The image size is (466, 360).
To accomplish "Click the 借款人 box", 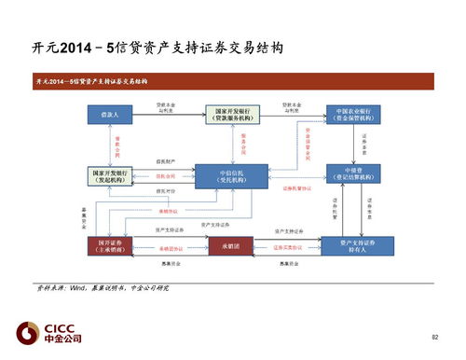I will point(111,115).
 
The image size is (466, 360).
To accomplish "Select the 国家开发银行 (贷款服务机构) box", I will point(230,115).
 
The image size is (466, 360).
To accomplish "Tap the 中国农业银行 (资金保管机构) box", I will point(354,115).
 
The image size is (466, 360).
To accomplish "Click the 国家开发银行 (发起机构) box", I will point(111,175).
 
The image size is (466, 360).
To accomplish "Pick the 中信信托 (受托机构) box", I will point(230,175).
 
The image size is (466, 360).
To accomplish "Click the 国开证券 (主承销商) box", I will point(111,246).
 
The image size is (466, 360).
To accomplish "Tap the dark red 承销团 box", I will point(230,246).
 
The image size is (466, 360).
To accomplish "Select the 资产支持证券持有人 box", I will point(354,246).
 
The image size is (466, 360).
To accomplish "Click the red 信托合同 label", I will point(166,176).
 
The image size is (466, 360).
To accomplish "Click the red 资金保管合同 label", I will point(307,143).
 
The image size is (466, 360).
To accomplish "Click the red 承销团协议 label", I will point(170,248).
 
